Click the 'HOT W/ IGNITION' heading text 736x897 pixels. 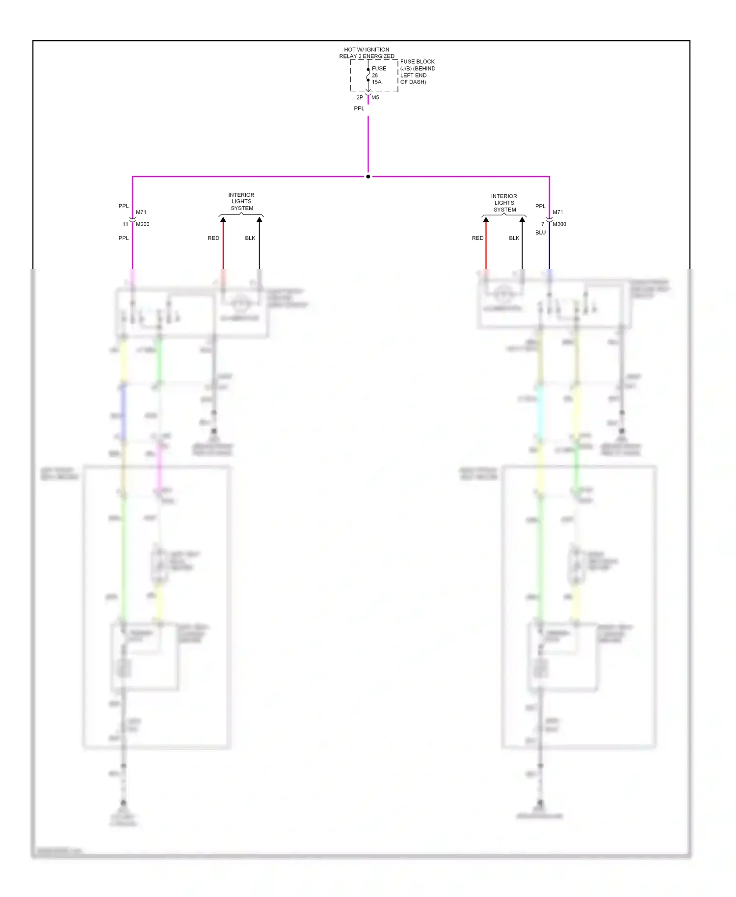tap(367, 50)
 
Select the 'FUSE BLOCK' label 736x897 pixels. tap(417, 62)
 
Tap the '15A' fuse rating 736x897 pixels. tap(376, 82)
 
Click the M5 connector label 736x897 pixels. tap(375, 97)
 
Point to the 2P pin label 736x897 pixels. tap(360, 97)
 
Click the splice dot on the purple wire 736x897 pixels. tap(368, 177)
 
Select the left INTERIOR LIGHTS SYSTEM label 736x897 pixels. tap(241, 202)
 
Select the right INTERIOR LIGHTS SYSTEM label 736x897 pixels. tap(504, 203)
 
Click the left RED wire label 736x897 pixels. tap(213, 238)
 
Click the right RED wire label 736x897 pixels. tap(477, 238)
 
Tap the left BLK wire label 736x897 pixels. tap(250, 238)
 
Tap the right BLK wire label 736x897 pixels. tap(514, 238)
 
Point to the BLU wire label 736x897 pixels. tap(540, 233)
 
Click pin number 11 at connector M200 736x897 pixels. tap(125, 224)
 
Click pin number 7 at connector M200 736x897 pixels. tap(543, 224)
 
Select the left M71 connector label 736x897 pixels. tap(141, 212)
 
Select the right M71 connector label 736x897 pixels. tap(558, 212)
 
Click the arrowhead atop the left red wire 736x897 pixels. tap(223, 220)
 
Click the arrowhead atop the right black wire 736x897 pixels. tap(522, 220)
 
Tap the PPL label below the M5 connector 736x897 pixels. tap(359, 108)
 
